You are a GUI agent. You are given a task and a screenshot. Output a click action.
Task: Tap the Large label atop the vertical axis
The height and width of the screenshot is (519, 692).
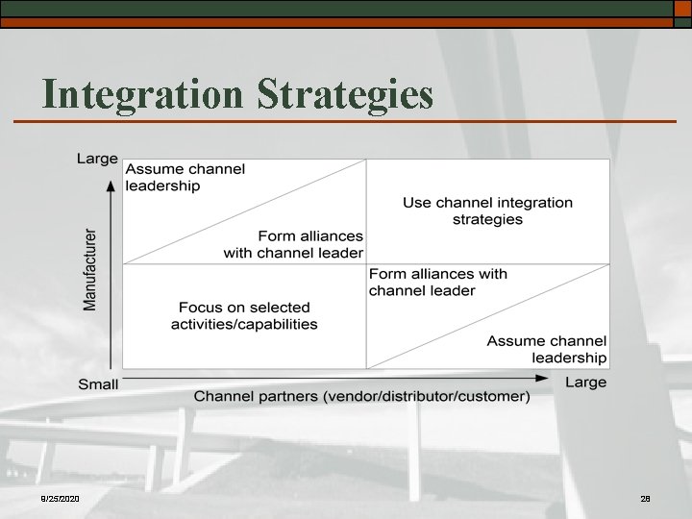pyautogui.click(x=97, y=159)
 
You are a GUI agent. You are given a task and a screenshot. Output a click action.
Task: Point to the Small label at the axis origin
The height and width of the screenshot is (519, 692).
pyautogui.click(x=98, y=384)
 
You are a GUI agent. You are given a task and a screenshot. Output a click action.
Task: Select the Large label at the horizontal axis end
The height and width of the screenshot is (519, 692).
pyautogui.click(x=585, y=383)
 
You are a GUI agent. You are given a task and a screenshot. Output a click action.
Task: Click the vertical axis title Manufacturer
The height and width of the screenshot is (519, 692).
pyautogui.click(x=90, y=268)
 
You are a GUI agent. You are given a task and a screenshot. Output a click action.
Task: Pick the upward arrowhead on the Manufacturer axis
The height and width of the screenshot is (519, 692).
pyautogui.click(x=112, y=185)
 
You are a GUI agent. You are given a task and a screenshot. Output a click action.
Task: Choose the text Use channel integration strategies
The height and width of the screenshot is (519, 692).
pyautogui.click(x=487, y=210)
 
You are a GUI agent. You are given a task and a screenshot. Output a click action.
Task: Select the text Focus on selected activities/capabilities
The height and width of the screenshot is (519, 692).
pyautogui.click(x=244, y=315)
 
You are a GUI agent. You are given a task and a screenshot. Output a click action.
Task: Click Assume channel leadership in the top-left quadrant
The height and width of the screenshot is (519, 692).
pyautogui.click(x=185, y=177)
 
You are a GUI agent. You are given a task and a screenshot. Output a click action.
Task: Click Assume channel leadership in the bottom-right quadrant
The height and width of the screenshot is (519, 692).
pyautogui.click(x=547, y=349)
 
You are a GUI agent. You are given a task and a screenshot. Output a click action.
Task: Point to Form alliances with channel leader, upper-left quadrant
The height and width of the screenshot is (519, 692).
pyautogui.click(x=294, y=244)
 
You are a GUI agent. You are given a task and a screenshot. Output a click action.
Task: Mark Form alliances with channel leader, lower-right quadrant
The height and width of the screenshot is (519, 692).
pyautogui.click(x=437, y=282)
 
